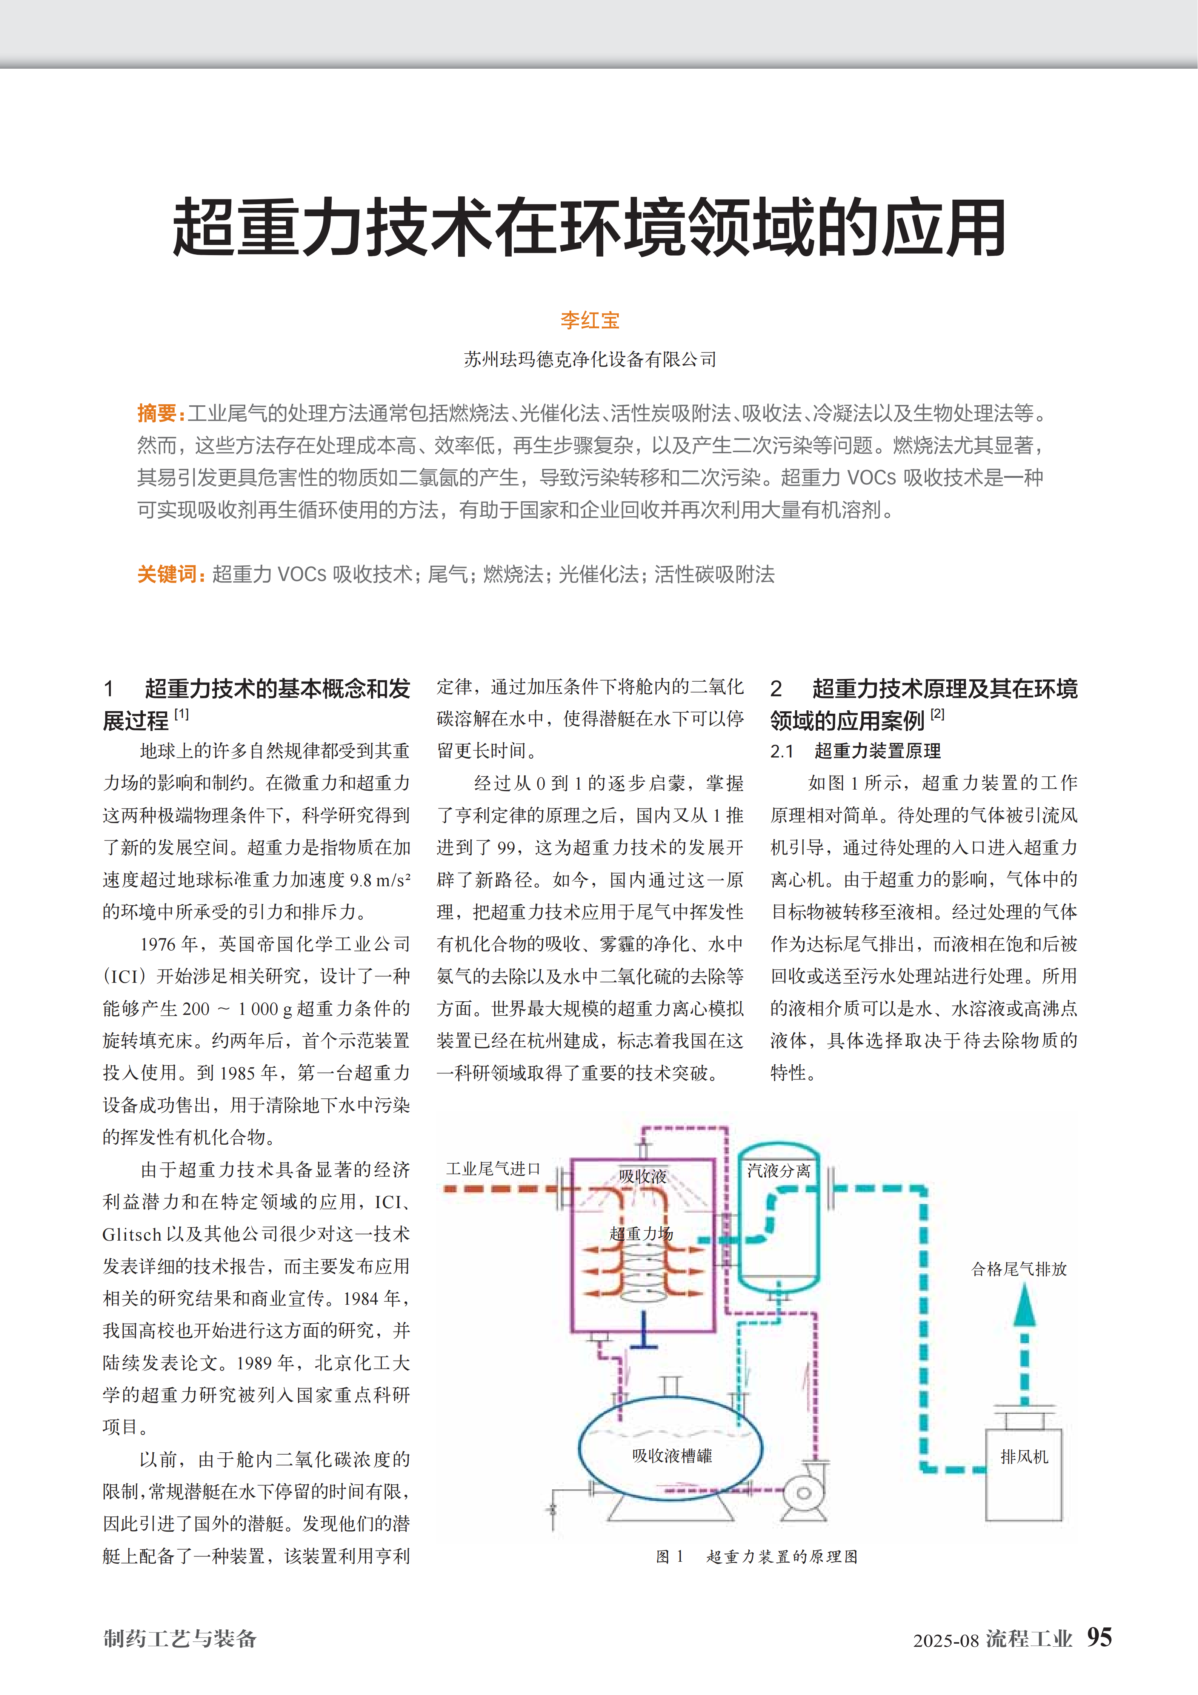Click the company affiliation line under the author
(590, 360)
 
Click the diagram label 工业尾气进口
(493, 1168)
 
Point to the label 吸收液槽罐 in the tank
(672, 1456)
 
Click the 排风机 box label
(1024, 1456)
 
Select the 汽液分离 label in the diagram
(779, 1171)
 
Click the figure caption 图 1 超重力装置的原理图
(757, 1556)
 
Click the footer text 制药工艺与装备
(180, 1639)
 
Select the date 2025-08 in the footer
(946, 1640)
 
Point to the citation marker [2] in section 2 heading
(937, 714)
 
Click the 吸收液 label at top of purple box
(642, 1176)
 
